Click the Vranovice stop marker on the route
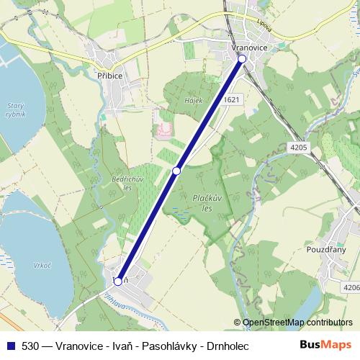coord(242,59)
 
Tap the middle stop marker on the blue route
coord(176,171)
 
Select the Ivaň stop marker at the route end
coord(118,282)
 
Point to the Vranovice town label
coord(251,47)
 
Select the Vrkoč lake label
coord(42,265)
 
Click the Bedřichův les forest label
coord(120,181)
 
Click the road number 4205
coord(300,147)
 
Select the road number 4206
coord(351,288)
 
